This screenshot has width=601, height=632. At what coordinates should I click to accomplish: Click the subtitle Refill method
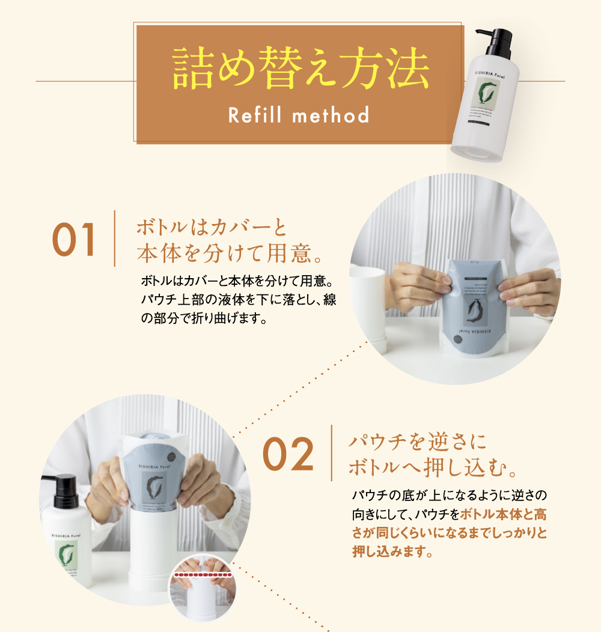(x=299, y=115)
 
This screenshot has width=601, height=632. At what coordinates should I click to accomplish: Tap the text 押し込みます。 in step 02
(x=392, y=551)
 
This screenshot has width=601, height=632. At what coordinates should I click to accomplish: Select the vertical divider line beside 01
(x=114, y=239)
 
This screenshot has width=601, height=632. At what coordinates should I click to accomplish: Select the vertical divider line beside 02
(x=332, y=454)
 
